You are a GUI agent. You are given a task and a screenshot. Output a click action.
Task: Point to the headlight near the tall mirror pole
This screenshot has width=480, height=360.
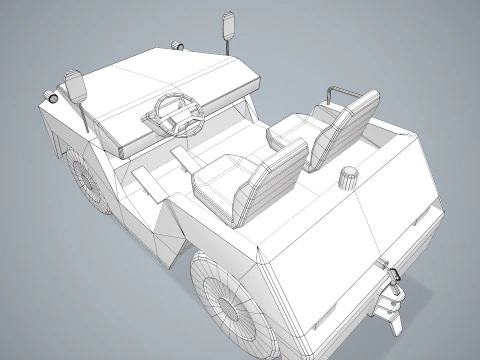coord(178,45)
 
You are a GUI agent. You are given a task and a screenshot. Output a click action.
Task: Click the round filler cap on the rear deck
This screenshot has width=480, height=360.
coord(348,178)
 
